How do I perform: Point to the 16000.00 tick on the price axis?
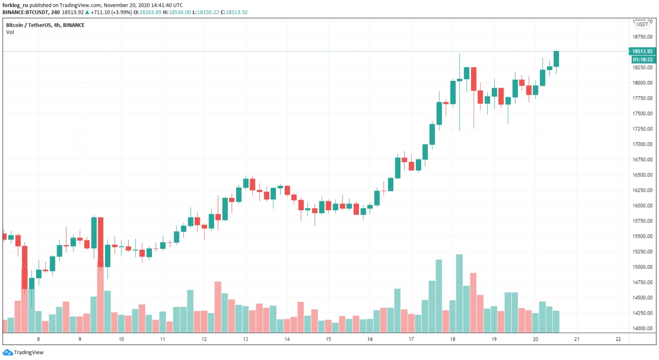pyautogui.click(x=643, y=206)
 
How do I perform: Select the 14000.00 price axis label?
pyautogui.click(x=643, y=329)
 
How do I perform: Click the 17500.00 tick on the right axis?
pyautogui.click(x=643, y=114)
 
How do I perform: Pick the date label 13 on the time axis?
pyautogui.click(x=246, y=339)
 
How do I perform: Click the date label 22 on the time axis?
pyautogui.click(x=618, y=339)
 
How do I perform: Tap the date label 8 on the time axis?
pyautogui.click(x=39, y=339)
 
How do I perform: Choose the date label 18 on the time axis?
pyautogui.click(x=453, y=339)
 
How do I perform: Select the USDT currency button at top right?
pyautogui.click(x=642, y=24)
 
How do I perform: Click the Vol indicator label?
pyautogui.click(x=10, y=32)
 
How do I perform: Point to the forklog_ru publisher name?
pyautogui.click(x=15, y=5)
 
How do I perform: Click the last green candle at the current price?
pyautogui.click(x=556, y=59)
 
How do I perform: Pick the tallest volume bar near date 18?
pyautogui.click(x=459, y=294)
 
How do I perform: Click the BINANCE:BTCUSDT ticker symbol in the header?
pyautogui.click(x=25, y=12)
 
